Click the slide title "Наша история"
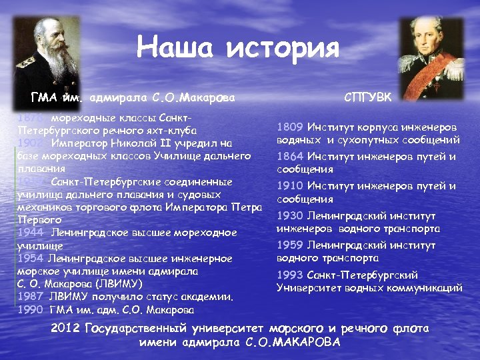tap(238, 48)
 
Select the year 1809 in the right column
tap(291, 127)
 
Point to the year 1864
tap(291, 157)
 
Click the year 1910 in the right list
tap(291, 186)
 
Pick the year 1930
tap(291, 215)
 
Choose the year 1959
tap(291, 245)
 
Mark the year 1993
tap(291, 275)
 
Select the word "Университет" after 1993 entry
tap(310, 288)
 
